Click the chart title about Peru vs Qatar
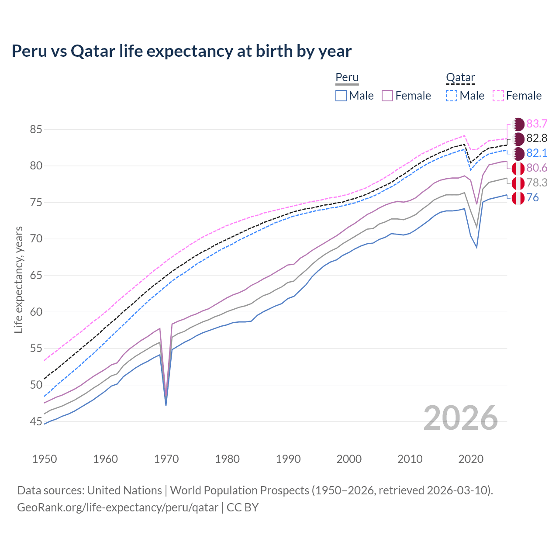[x=181, y=51]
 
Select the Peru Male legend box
[x=341, y=96]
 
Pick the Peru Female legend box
[x=387, y=96]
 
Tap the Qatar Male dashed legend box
[x=452, y=96]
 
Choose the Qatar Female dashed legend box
[x=498, y=96]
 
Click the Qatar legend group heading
[x=460, y=78]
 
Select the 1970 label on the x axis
[x=166, y=459]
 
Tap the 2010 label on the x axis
[x=410, y=459]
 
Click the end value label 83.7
[x=537, y=124]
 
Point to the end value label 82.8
[x=537, y=138]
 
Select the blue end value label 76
[x=533, y=197]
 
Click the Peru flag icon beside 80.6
[x=518, y=168]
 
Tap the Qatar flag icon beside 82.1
[x=518, y=153]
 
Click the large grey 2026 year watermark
[x=460, y=418]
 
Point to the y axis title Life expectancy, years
[x=19, y=279]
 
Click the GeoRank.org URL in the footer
[x=117, y=507]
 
